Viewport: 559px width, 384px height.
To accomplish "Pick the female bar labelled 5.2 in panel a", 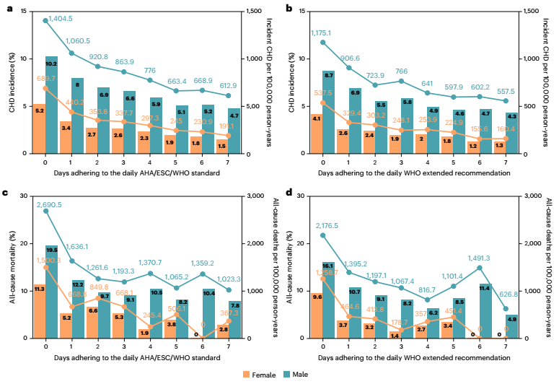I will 40,128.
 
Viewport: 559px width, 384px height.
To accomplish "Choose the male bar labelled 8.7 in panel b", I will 328,112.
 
